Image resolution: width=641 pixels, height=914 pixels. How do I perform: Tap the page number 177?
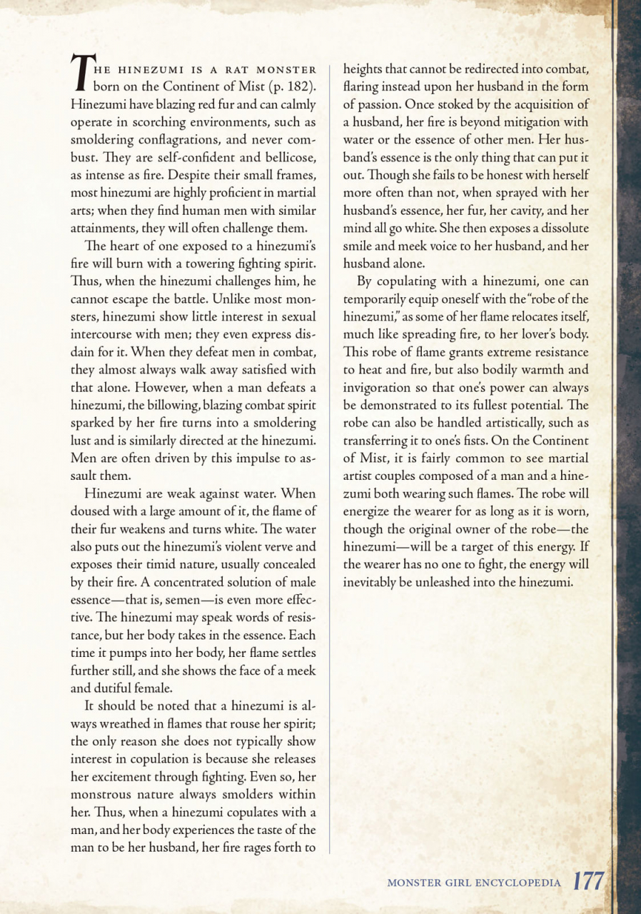tap(589, 882)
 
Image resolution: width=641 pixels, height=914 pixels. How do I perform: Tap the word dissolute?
tap(561, 229)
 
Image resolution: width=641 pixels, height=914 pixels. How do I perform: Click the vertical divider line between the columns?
tap(329, 457)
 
